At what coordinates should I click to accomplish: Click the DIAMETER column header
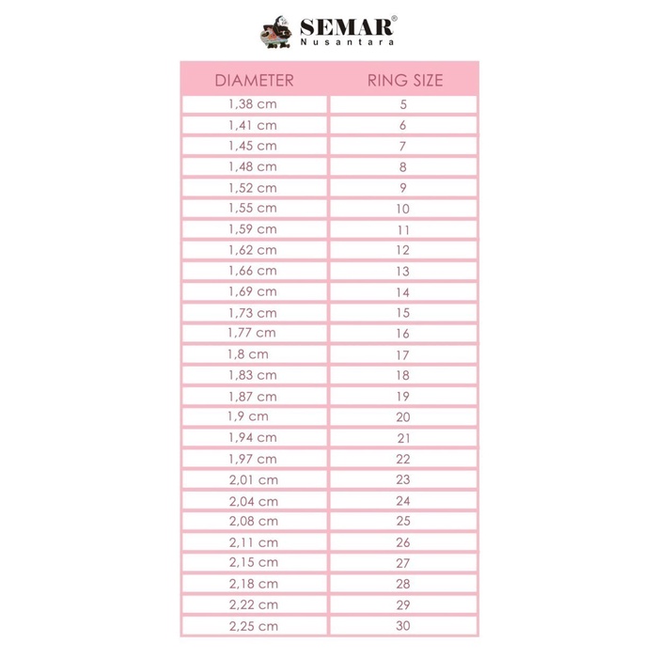pos(254,80)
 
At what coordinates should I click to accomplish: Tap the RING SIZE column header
pos(404,80)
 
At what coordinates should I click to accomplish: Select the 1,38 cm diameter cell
pos(253,104)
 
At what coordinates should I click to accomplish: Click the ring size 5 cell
pos(403,104)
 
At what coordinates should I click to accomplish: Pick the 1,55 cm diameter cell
pos(253,208)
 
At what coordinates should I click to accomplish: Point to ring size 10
pos(403,208)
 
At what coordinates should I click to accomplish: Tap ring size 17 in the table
pos(403,354)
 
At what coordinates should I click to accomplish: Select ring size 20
pos(403,416)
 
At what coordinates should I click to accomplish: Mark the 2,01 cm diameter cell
pos(253,479)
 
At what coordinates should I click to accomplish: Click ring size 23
pos(403,479)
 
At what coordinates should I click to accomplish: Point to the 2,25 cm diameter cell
pos(253,625)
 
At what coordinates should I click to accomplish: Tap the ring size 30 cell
pos(403,625)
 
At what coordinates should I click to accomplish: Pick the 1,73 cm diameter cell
pos(253,313)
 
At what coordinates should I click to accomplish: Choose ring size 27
pos(403,562)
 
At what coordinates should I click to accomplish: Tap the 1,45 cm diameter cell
pos(253,146)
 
